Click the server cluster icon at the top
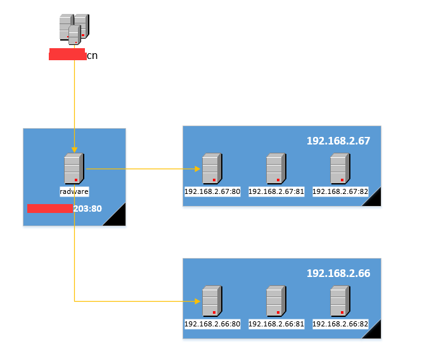coord(74,29)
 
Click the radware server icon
coord(74,169)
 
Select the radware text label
coord(74,191)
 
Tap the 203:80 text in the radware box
coord(87,208)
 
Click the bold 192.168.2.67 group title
coord(338,141)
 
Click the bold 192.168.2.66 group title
coord(338,273)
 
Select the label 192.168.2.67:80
coord(212,191)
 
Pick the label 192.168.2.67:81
coord(276,191)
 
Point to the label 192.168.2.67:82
coord(340,191)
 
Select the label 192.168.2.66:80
coord(212,324)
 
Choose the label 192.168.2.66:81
coord(276,324)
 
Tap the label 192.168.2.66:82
coord(340,324)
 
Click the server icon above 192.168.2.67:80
coord(212,169)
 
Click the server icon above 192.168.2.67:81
coord(276,169)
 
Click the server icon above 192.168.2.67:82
coord(340,169)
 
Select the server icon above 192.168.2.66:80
coord(212,302)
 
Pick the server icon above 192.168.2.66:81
coord(276,302)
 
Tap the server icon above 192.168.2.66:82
coord(340,302)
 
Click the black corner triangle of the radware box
coord(118,217)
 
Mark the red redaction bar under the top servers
coord(67,55)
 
